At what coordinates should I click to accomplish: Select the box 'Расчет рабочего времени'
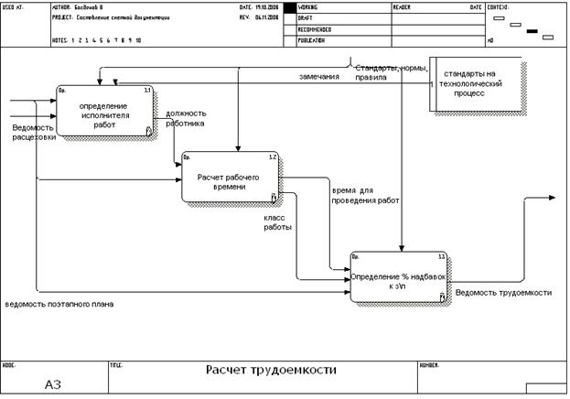(229, 179)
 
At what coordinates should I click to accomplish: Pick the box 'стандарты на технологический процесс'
(475, 84)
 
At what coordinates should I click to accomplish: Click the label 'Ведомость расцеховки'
(34, 133)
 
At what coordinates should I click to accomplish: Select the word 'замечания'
(319, 77)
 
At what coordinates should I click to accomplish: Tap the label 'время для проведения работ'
(366, 194)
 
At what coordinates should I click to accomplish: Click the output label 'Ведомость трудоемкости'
(503, 293)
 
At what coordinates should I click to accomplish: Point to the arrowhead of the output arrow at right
(551, 198)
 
